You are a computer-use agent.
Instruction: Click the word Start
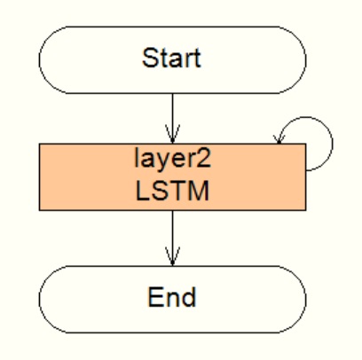(171, 59)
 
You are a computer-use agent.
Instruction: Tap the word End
(172, 297)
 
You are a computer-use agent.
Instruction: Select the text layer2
(173, 159)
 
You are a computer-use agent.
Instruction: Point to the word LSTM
(172, 191)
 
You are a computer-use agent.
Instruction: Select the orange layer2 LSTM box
(173, 177)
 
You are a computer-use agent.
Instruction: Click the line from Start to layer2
(173, 119)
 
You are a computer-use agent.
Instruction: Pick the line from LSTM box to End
(173, 239)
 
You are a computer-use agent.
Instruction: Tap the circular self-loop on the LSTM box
(333, 144)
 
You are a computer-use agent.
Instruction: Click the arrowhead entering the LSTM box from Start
(173, 135)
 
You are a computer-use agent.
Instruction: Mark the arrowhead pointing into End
(173, 256)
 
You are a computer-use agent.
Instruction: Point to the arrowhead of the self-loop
(279, 139)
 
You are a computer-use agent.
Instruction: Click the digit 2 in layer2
(204, 158)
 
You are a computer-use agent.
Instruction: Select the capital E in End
(155, 297)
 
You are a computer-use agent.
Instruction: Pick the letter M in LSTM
(200, 191)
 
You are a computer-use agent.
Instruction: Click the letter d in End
(189, 297)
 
